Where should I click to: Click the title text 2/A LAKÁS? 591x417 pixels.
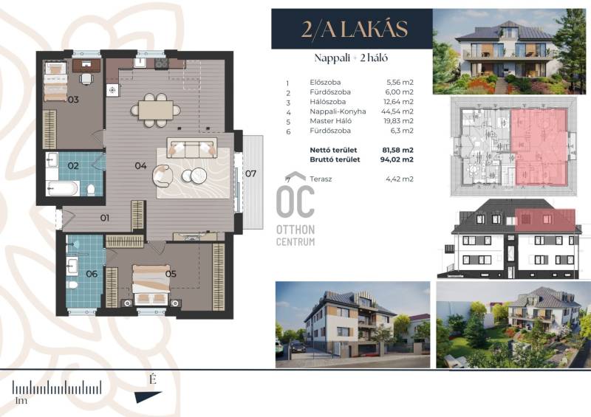[x=355, y=29]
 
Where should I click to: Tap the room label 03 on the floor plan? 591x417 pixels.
[x=73, y=100]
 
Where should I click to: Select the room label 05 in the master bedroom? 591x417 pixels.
[x=171, y=274]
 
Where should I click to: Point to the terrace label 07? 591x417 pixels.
[x=250, y=173]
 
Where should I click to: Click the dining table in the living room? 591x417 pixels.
[x=156, y=110]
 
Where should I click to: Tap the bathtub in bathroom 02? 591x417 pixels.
[x=63, y=188]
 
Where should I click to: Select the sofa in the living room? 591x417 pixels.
[x=192, y=148]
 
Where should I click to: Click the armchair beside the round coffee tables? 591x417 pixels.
[x=163, y=176]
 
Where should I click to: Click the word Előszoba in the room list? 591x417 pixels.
[x=325, y=82]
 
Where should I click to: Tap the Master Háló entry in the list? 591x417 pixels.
[x=330, y=121]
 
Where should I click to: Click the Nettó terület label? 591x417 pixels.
[x=333, y=150]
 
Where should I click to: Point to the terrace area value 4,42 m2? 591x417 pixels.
[x=400, y=179]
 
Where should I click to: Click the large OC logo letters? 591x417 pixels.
[x=295, y=202]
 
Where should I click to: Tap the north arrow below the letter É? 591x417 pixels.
[x=148, y=396]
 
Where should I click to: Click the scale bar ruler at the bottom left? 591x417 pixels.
[x=57, y=387]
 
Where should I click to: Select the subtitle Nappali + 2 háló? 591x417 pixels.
[x=352, y=58]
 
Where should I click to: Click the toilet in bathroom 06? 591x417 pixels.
[x=72, y=284]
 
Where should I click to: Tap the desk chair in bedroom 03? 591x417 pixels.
[x=86, y=78]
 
